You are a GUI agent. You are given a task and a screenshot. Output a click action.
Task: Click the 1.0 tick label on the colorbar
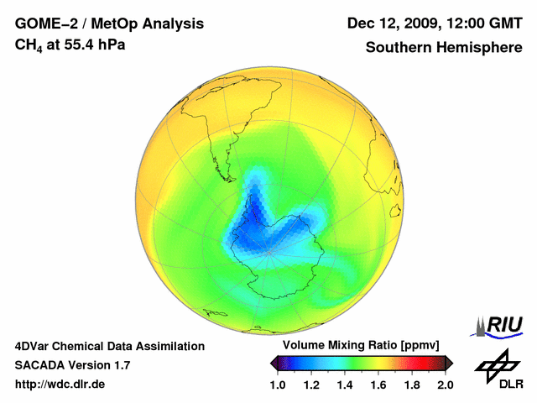[278, 385]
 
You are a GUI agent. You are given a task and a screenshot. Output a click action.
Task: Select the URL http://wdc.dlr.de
[60, 385]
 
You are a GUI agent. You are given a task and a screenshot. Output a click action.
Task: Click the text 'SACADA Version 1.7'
[72, 365]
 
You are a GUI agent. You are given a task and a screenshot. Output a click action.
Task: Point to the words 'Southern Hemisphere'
[444, 48]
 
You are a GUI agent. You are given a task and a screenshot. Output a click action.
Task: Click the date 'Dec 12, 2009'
[389, 23]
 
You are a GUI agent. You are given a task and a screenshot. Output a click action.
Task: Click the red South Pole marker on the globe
[268, 251]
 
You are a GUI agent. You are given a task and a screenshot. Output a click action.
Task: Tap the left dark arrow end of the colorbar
[274, 363]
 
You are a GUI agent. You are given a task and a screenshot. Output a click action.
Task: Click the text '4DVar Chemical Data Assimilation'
[110, 346]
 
